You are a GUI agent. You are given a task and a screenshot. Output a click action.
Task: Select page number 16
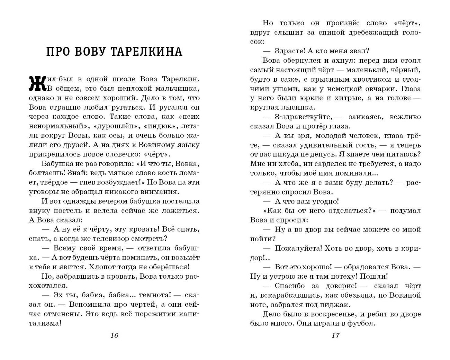[x=114, y=335]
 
